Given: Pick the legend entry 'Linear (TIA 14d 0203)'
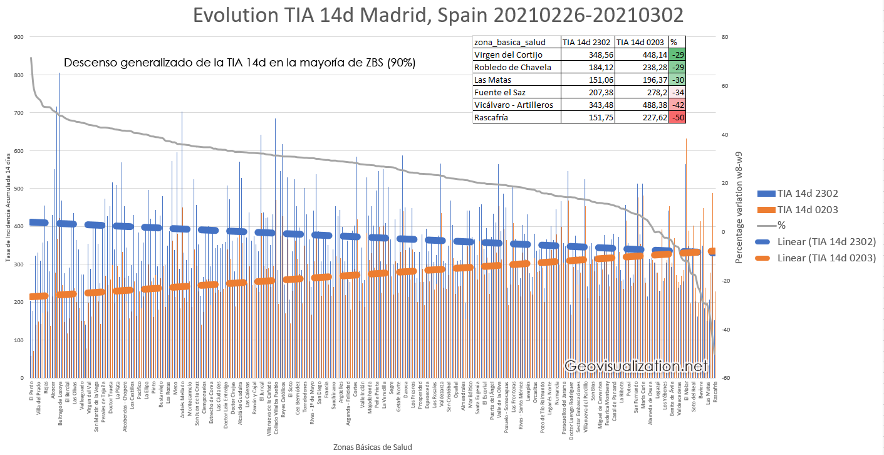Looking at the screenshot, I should click(x=826, y=258).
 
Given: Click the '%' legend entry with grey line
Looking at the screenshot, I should click(x=782, y=225).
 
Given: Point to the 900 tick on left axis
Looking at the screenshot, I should click(x=19, y=37).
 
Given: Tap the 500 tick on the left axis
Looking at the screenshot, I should click(x=19, y=189).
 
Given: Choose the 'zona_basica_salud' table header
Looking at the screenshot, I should click(x=509, y=42).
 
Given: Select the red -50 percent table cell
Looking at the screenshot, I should click(x=677, y=117).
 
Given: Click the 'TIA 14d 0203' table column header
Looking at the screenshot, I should click(x=642, y=42).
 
